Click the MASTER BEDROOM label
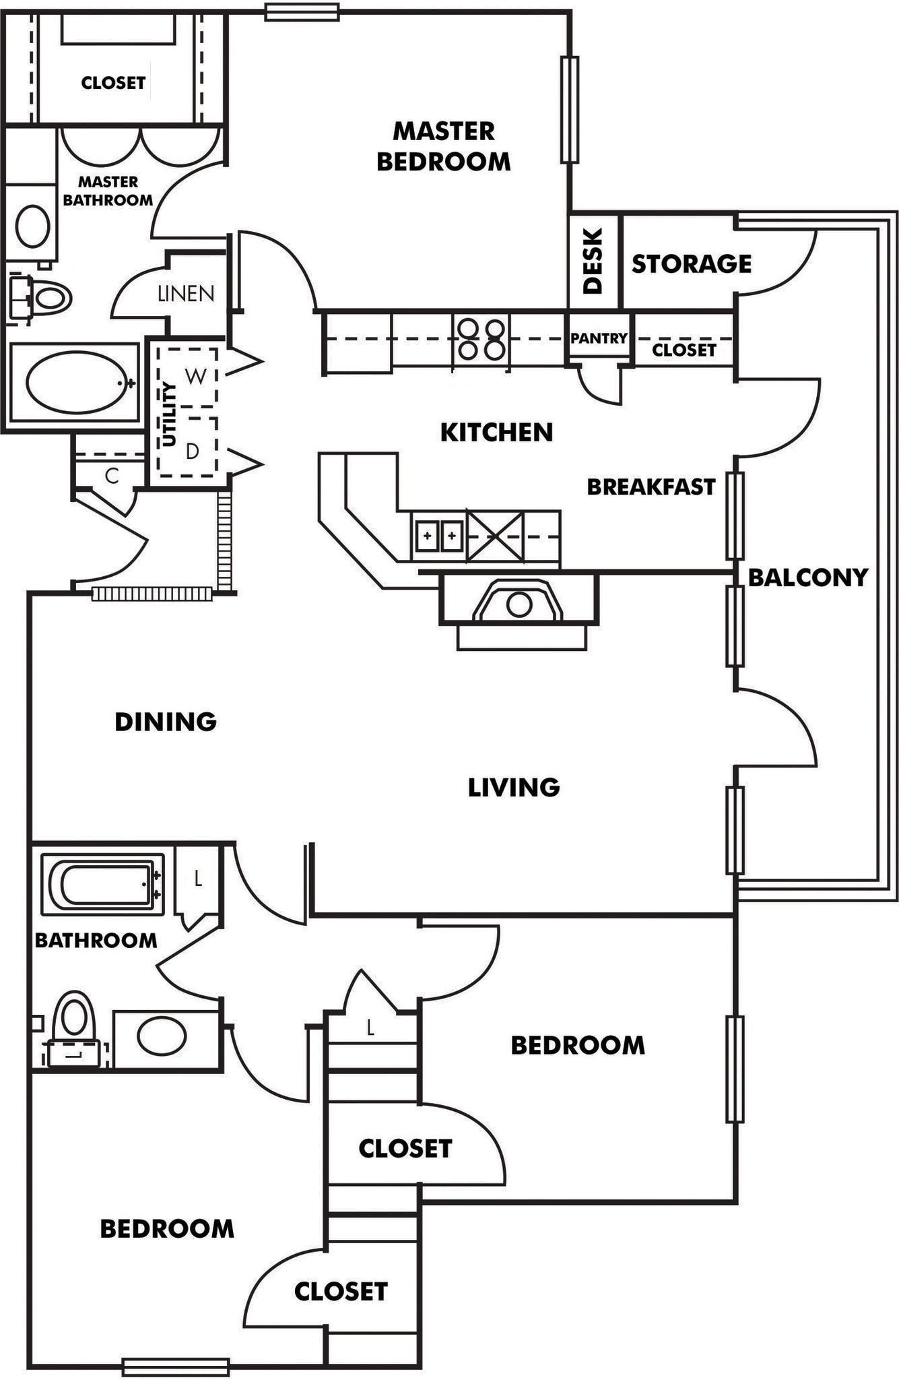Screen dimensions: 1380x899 [x=443, y=146]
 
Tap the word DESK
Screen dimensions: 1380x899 [x=592, y=261]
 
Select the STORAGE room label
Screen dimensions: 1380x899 [x=691, y=263]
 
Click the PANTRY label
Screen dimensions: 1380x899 [x=599, y=338]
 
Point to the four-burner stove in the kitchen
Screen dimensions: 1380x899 [x=481, y=339]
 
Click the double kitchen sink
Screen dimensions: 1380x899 [x=439, y=536]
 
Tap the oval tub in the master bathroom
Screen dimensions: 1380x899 [x=76, y=382]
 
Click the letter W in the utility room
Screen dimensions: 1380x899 [x=195, y=376]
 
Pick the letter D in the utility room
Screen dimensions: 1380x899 [x=193, y=451]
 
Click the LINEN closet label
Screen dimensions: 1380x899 [x=186, y=294]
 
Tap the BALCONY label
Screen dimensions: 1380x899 [x=807, y=577]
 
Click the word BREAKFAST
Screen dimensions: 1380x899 [x=651, y=487]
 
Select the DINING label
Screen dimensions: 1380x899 [x=166, y=722]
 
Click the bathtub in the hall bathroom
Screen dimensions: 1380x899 [x=104, y=885]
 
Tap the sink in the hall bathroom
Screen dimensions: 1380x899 [x=162, y=1036]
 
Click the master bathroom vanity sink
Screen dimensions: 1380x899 [x=32, y=226]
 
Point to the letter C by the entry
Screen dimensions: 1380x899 [x=112, y=476]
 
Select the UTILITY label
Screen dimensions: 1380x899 [x=169, y=414]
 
